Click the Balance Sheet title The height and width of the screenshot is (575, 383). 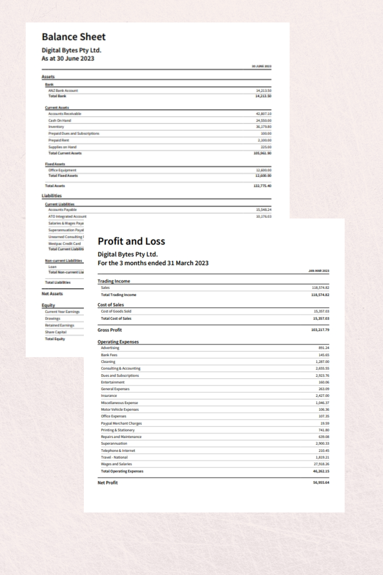(74, 37)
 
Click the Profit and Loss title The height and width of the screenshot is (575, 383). (131, 241)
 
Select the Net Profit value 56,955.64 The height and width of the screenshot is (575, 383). (321, 482)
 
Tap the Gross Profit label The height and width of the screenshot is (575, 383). (109, 330)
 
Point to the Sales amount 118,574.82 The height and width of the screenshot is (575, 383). (320, 287)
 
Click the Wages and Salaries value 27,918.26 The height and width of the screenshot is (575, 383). (321, 464)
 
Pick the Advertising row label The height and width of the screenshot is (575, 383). (110, 348)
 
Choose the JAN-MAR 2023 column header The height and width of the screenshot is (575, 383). (319, 271)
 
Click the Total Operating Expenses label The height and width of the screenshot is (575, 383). (122, 471)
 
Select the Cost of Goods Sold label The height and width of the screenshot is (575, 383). (116, 311)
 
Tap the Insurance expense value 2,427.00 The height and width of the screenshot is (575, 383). (322, 396)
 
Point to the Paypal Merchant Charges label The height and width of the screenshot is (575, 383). (121, 423)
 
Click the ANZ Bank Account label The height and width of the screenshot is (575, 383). (63, 91)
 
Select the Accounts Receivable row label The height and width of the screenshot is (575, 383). (65, 114)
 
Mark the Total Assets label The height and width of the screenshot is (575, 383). (55, 186)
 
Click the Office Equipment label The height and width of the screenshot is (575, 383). (62, 170)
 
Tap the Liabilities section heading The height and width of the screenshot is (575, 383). (51, 195)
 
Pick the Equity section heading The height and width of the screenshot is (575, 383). (48, 305)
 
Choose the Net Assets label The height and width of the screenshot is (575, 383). (52, 294)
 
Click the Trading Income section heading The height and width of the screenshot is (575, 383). (113, 281)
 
